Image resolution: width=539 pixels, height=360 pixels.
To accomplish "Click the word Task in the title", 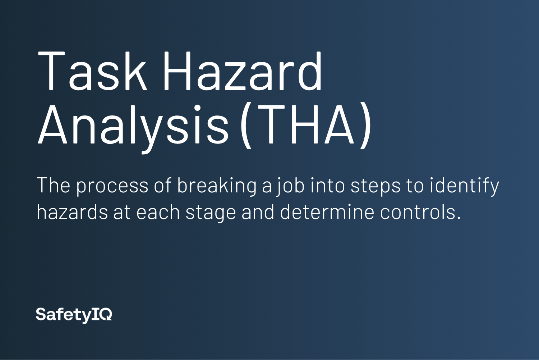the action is [92, 71].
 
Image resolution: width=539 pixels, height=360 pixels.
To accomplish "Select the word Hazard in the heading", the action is [243, 71].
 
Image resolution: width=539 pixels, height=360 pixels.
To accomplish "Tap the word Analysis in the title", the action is [133, 127].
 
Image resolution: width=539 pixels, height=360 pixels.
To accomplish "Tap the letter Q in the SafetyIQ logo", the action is [106, 314].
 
